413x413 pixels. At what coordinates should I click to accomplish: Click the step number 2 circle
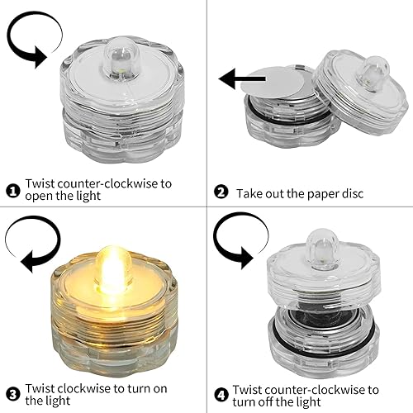pos(220,192)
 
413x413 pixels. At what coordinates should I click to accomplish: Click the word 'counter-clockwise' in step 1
pos(107,183)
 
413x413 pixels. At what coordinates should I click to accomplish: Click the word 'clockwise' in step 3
pos(87,387)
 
